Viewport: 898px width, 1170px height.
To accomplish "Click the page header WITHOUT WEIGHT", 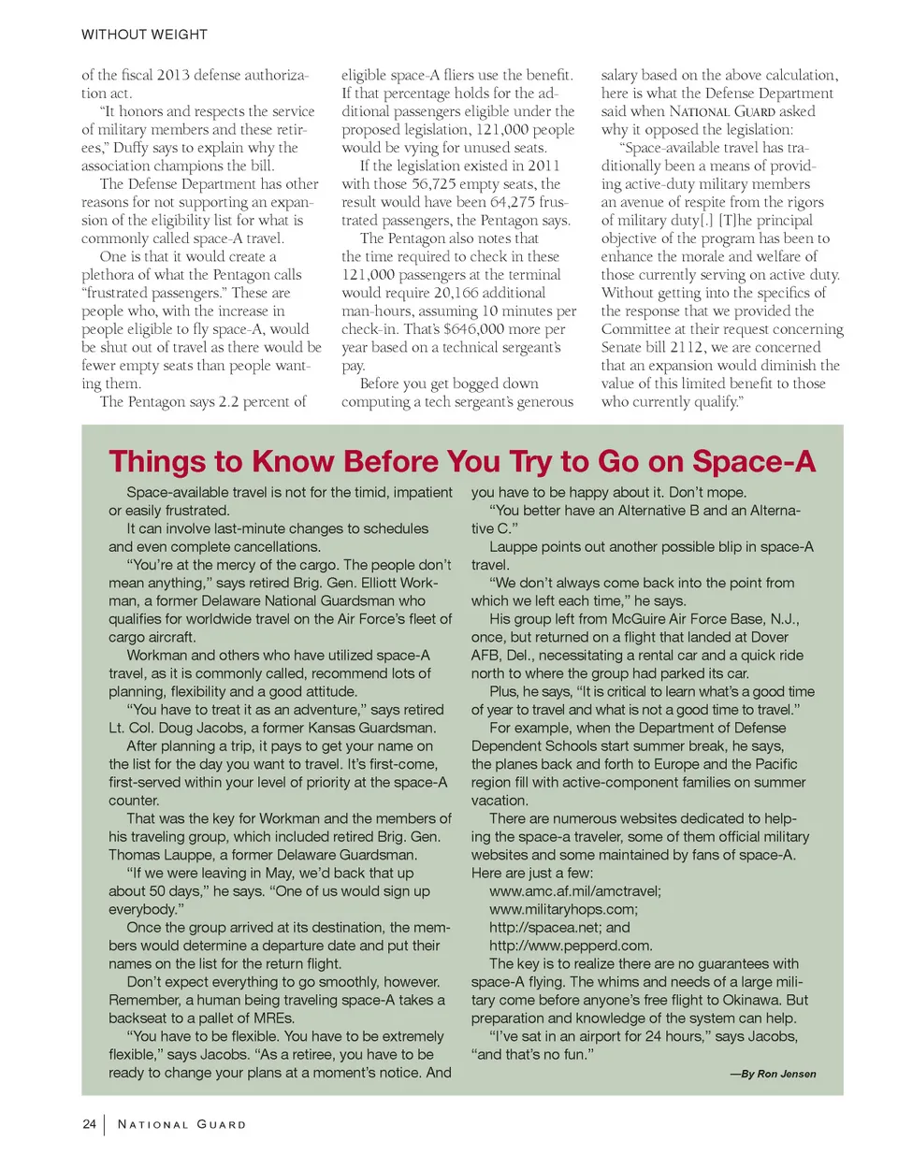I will coord(144,35).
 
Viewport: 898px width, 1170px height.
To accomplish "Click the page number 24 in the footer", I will coord(89,1124).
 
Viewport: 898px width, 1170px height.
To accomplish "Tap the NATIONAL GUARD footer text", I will coord(181,1124).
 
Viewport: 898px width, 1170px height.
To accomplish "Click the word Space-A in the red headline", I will coord(753,462).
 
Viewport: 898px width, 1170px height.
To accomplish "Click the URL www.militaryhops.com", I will coord(562,909).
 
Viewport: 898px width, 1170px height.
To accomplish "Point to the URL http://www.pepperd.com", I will coord(570,946).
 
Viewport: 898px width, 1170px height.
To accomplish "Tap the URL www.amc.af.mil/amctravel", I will coord(573,891).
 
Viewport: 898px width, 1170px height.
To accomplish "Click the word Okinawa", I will coord(751,1000).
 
